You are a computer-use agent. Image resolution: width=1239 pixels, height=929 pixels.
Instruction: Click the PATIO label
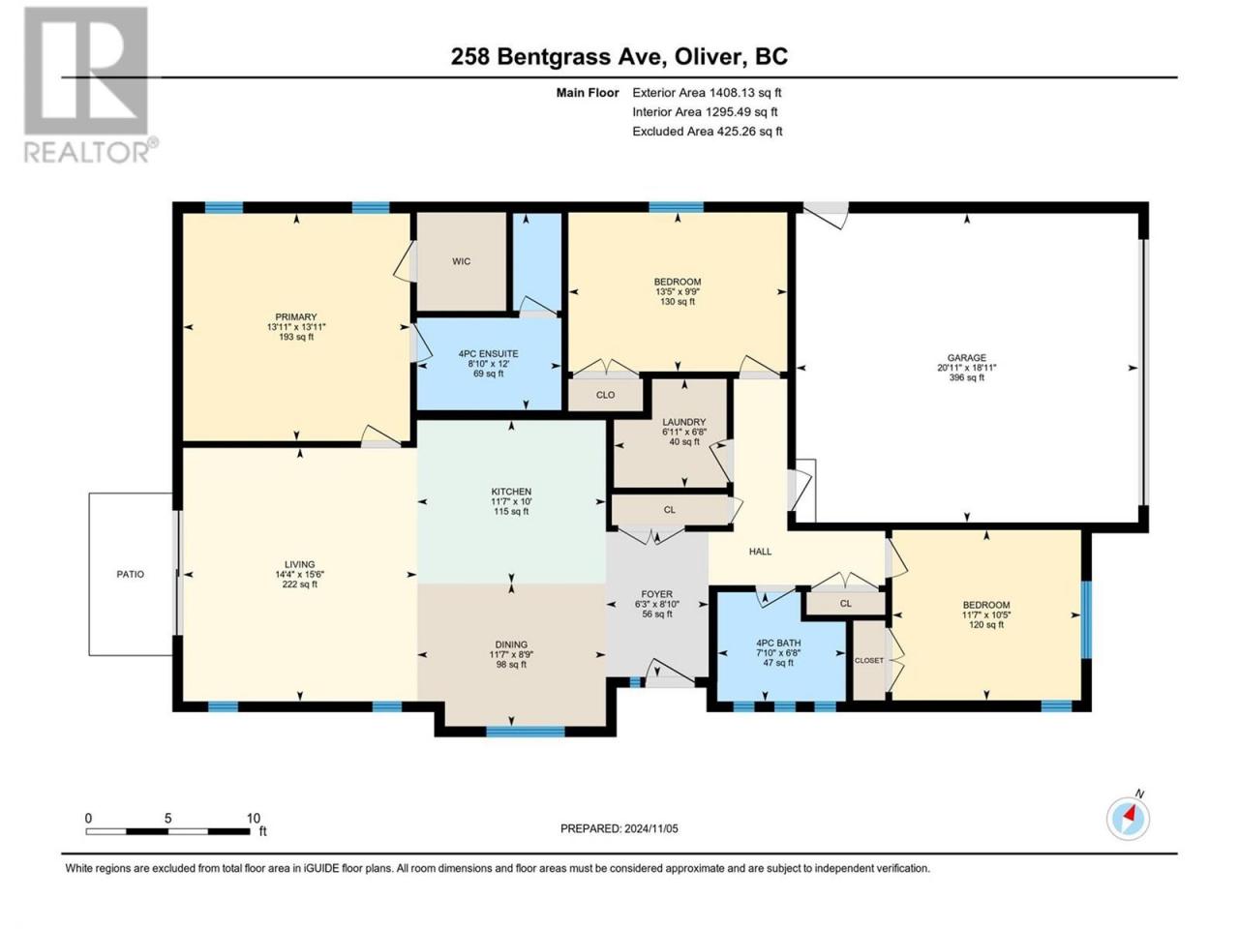[x=130, y=574]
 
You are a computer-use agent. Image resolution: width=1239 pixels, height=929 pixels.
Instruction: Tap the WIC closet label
[x=461, y=261]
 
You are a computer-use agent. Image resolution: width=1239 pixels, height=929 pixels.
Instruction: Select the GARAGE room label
[x=967, y=358]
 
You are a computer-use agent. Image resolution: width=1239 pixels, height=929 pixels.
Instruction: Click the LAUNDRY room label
[x=684, y=422]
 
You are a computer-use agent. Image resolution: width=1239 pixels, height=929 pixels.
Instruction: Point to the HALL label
[x=760, y=552]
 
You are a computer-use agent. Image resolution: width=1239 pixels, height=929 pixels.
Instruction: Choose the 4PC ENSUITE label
[x=488, y=353]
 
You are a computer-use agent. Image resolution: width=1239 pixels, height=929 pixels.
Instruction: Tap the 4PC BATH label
[x=778, y=643]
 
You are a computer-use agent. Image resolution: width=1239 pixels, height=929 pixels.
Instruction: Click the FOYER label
[x=656, y=594]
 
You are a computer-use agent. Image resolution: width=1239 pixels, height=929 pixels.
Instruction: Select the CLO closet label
[x=605, y=395]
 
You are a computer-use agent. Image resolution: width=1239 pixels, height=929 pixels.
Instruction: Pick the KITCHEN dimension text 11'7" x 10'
[x=511, y=501]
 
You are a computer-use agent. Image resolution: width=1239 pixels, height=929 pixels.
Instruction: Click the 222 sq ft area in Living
[x=300, y=584]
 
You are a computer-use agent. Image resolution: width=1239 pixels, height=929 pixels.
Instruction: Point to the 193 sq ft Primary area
[x=296, y=337]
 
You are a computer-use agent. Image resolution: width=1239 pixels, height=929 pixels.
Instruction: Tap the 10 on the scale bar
[x=253, y=819]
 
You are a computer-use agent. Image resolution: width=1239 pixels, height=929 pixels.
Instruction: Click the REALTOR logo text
[x=87, y=152]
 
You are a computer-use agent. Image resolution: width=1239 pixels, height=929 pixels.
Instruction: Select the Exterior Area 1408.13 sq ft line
[x=707, y=93]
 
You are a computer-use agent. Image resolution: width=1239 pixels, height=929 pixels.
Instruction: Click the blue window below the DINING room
[x=526, y=732]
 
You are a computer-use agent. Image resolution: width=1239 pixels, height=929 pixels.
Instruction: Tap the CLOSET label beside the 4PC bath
[x=868, y=661]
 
